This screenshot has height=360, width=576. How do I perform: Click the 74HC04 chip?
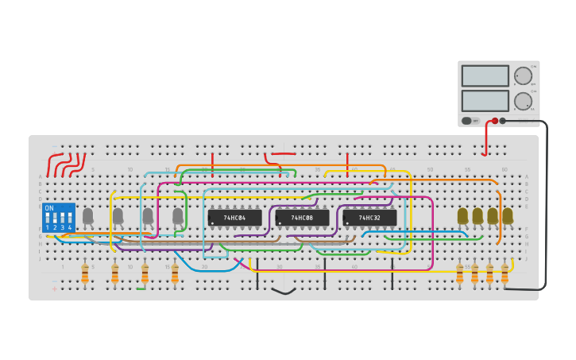(234, 217)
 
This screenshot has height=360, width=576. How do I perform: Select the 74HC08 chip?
(302, 217)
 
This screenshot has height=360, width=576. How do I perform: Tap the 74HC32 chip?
(369, 217)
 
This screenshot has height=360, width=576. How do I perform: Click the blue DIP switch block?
(59, 218)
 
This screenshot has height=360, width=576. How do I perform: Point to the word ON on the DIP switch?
(49, 208)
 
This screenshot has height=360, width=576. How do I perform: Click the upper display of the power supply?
(485, 75)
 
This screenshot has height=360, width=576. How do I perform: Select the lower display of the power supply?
(485, 101)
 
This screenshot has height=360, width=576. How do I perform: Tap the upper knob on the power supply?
(523, 76)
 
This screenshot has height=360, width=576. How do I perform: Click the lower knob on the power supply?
(523, 101)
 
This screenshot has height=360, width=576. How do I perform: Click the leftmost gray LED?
(87, 215)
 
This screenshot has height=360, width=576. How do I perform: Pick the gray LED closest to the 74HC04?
(178, 215)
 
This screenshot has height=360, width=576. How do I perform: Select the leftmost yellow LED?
(462, 215)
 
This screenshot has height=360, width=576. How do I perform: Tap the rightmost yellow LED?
(508, 215)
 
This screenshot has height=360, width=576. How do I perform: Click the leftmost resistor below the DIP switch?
(85, 274)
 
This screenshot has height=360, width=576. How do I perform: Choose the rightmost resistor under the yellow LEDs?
(504, 274)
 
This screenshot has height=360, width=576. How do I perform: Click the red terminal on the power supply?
(495, 121)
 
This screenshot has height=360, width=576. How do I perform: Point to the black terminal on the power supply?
(503, 121)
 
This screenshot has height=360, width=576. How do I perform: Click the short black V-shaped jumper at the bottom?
(284, 291)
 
